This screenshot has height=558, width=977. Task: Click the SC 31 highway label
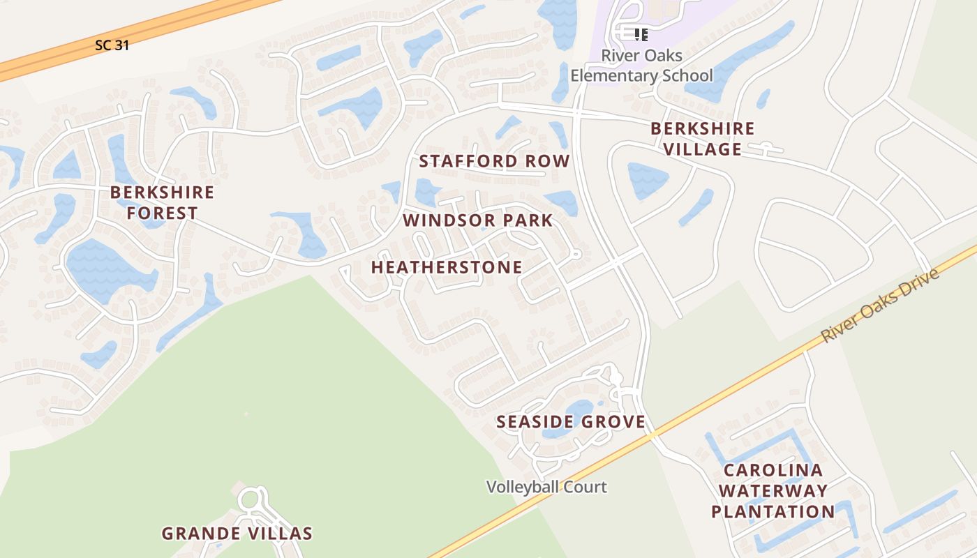pyautogui.click(x=112, y=45)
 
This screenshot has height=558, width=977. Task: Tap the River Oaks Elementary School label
pyautogui.click(x=641, y=65)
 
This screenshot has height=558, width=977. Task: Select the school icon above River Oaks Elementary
pyautogui.click(x=641, y=34)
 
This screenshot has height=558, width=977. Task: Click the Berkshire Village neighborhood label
pyautogui.click(x=702, y=139)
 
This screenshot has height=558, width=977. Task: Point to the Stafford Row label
pyautogui.click(x=494, y=161)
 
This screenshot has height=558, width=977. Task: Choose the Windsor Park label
pyautogui.click(x=477, y=220)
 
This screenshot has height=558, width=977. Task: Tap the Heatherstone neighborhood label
pyautogui.click(x=446, y=267)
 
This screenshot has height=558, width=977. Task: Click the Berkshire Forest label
pyautogui.click(x=162, y=202)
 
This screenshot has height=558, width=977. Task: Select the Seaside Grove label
pyautogui.click(x=570, y=421)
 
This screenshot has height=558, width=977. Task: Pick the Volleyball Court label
pyautogui.click(x=546, y=487)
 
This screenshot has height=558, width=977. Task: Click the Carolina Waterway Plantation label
pyautogui.click(x=773, y=490)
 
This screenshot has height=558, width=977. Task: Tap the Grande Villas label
pyautogui.click(x=237, y=534)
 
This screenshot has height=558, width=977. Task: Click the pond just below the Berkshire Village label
pyautogui.click(x=648, y=181)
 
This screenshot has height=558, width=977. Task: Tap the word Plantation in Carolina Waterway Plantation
pyautogui.click(x=773, y=511)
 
